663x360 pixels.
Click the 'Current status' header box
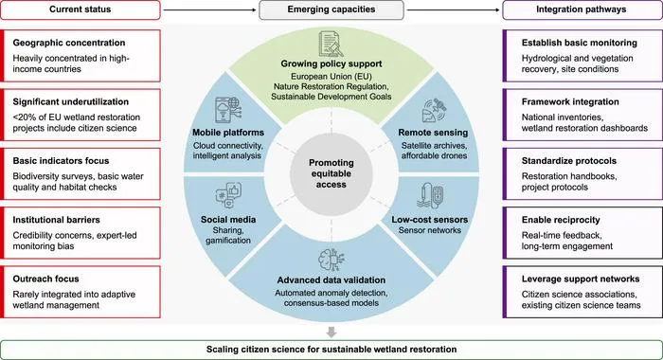pos(81,9)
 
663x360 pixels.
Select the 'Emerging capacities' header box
pos(331,9)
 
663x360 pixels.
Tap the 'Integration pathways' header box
pos(582,9)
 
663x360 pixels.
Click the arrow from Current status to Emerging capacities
pos(209,9)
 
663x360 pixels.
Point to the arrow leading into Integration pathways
pos(453,9)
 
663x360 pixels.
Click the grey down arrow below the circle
pos(331,332)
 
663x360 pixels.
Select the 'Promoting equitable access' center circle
pos(331,174)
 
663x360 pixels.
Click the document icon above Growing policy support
pos(331,44)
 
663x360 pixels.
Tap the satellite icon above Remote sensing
pos(434,111)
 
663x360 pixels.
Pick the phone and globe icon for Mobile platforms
pos(228,111)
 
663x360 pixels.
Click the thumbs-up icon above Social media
pos(228,195)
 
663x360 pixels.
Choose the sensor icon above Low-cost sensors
pos(430,196)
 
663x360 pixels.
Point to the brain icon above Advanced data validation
pos(331,260)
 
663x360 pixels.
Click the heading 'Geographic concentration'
pos(69,43)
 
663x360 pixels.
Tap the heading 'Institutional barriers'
pos(56,220)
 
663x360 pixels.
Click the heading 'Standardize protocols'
pos(568,161)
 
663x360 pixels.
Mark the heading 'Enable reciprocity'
pos(561,220)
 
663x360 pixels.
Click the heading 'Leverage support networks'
pos(581,279)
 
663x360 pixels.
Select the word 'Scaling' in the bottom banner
pos(222,350)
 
